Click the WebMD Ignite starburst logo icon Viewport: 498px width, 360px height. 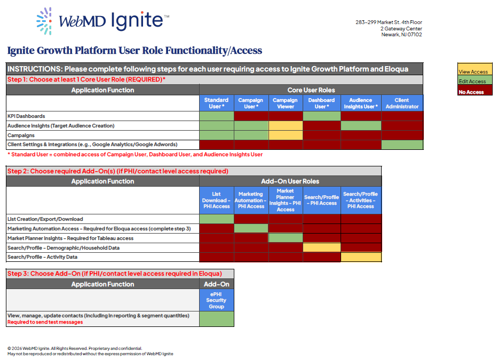tap(44, 21)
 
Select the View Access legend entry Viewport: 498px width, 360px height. tap(473, 72)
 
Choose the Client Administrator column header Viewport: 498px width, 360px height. tap(402, 103)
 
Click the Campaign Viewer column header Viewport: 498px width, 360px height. tap(285, 103)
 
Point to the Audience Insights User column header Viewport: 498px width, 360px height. tap(361, 103)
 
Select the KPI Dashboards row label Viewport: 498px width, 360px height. tap(26, 116)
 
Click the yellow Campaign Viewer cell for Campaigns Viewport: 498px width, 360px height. tap(285, 135)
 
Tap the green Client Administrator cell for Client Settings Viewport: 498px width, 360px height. tap(402, 145)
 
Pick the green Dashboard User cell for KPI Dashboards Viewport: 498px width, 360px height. tap(322, 116)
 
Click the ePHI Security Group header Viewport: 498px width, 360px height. tap(216, 300)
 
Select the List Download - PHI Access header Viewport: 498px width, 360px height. tap(216, 201)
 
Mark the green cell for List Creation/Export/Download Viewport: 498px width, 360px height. tap(216, 219)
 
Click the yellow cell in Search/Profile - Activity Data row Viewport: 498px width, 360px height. tap(361, 257)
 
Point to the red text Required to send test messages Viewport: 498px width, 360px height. tap(45, 322)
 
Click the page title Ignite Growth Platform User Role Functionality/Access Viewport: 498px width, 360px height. tap(135, 51)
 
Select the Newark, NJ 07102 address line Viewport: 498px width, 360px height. tap(401, 35)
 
